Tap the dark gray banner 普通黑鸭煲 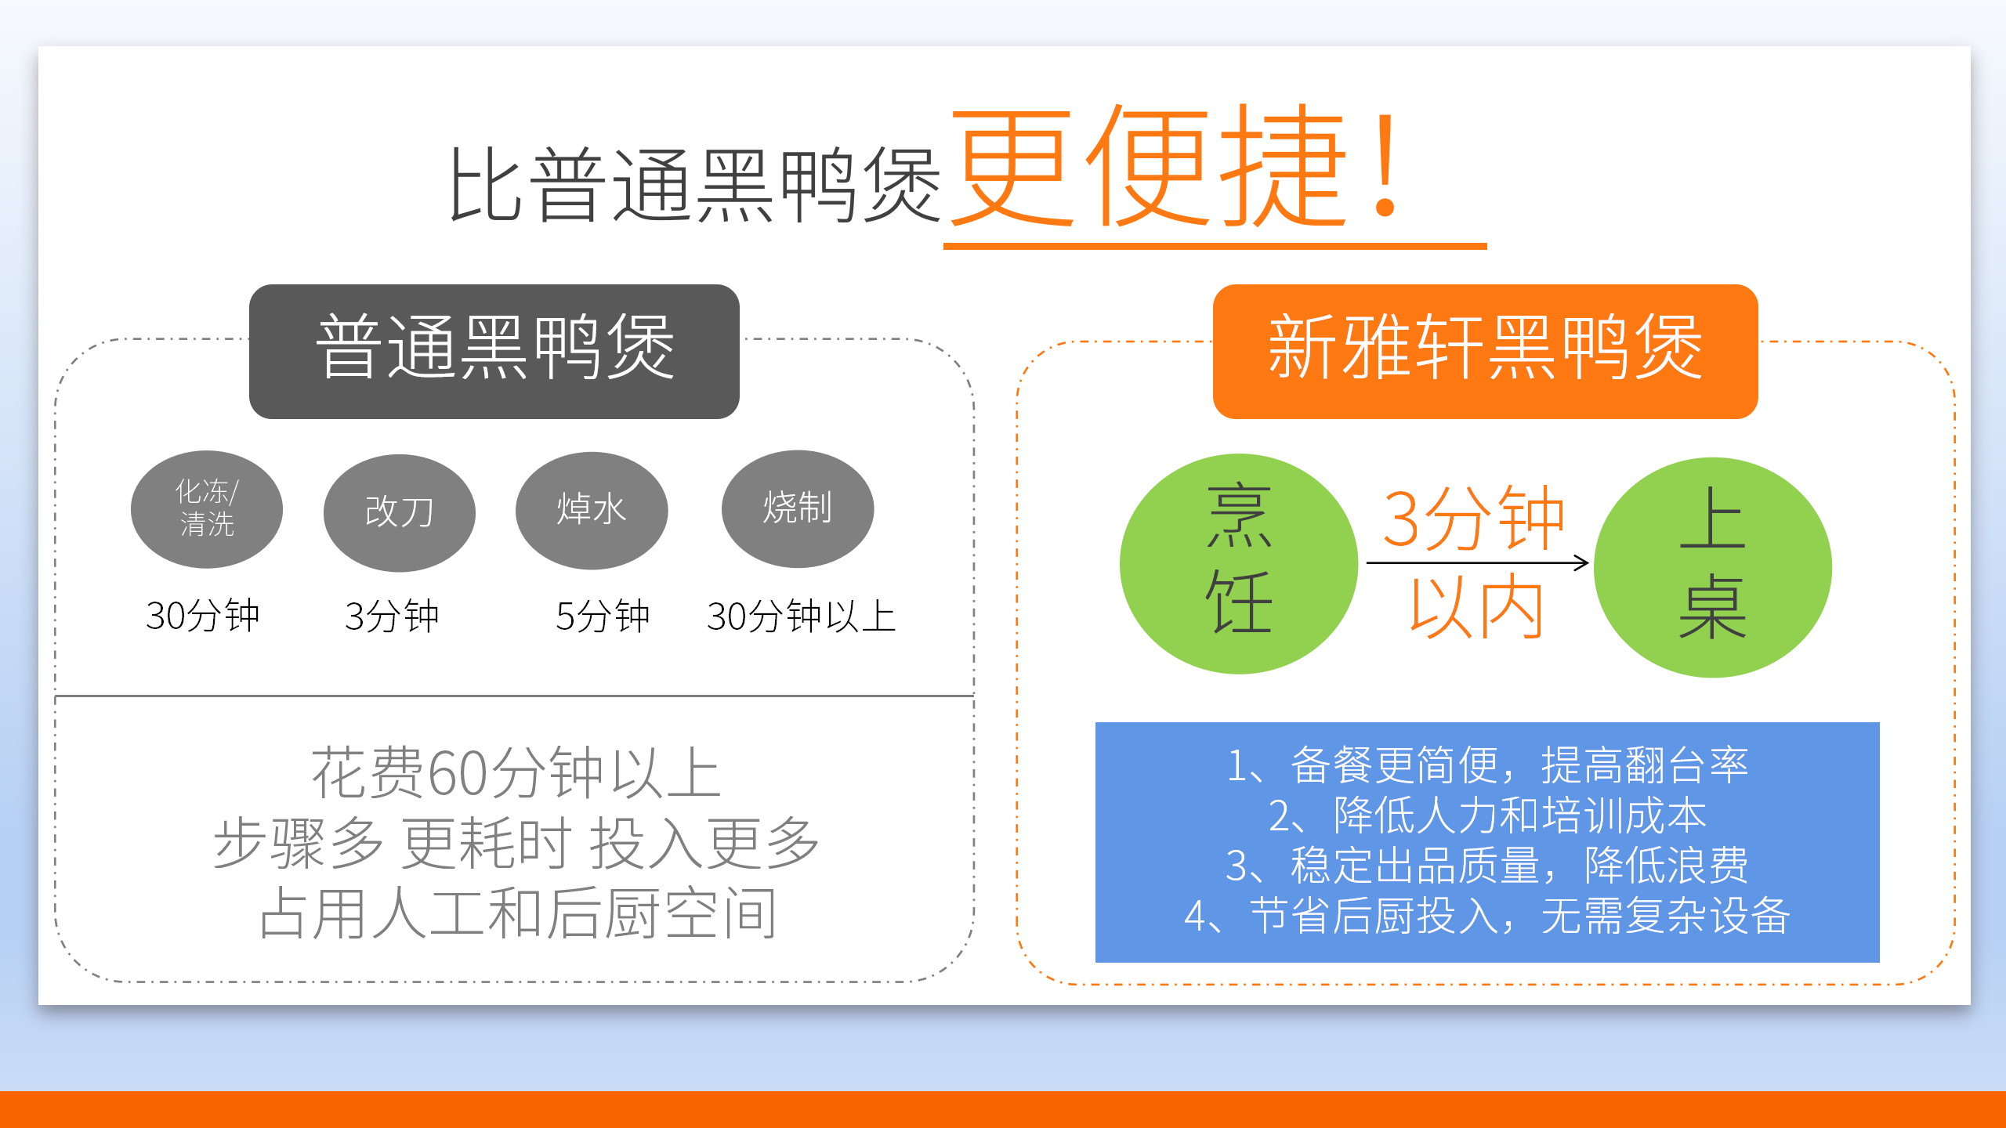[494, 351]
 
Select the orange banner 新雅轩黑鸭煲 [1485, 351]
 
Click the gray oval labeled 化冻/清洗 [207, 509]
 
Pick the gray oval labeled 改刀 [399, 512]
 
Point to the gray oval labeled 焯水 [592, 510]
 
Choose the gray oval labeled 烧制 [798, 508]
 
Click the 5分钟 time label [603, 616]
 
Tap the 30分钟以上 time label [801, 616]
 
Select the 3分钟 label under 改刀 [392, 616]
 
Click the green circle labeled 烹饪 [1239, 564]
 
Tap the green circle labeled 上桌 [1713, 567]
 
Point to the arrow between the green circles [1477, 562]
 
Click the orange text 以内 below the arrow [1476, 606]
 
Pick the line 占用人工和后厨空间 [518, 913]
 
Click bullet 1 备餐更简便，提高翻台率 [1487, 765]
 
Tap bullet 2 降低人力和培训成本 [1487, 815]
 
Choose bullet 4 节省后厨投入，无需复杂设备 [1487, 915]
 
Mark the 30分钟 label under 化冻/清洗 [202, 616]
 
